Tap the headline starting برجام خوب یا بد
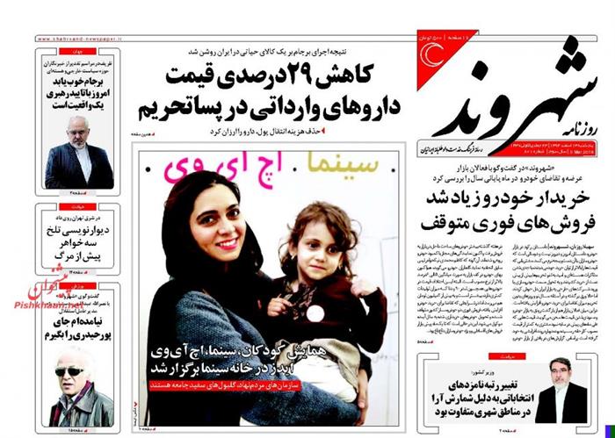click(x=79, y=88)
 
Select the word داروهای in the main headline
click(x=339, y=107)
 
